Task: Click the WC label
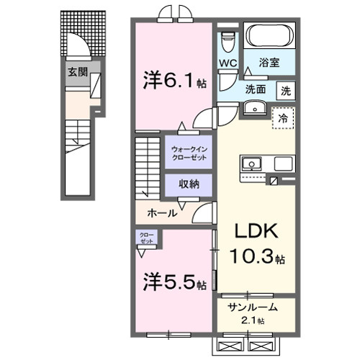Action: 228,63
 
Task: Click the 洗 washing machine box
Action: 286,91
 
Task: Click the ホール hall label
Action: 163,214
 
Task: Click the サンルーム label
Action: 253,308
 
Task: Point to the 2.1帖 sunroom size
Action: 253,320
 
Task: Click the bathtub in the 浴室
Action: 269,35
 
